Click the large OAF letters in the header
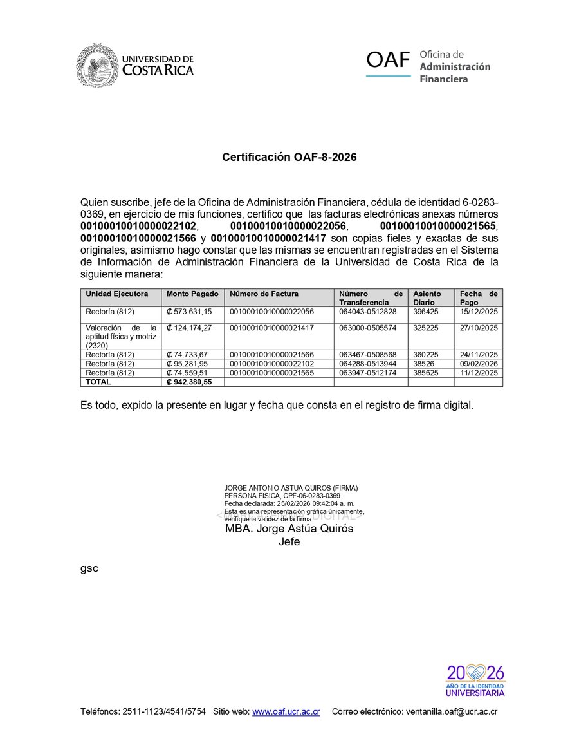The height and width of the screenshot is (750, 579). click(x=388, y=61)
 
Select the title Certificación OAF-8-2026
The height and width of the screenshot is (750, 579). click(x=289, y=157)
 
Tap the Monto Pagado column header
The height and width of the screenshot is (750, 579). click(x=192, y=294)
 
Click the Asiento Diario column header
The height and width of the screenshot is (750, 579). click(x=427, y=297)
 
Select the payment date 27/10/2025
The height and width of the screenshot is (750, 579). click(x=479, y=328)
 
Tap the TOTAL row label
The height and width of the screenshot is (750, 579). click(x=98, y=382)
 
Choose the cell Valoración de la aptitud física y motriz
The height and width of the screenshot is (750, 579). click(x=121, y=337)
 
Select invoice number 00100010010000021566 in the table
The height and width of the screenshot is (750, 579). click(x=271, y=355)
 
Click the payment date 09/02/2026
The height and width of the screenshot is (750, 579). click(x=479, y=364)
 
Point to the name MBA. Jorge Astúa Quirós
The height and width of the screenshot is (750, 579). click(x=289, y=529)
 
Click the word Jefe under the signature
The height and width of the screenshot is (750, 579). click(x=289, y=542)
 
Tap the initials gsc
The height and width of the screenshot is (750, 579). click(x=89, y=568)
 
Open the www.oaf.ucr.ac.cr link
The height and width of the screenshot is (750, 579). click(x=286, y=712)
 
